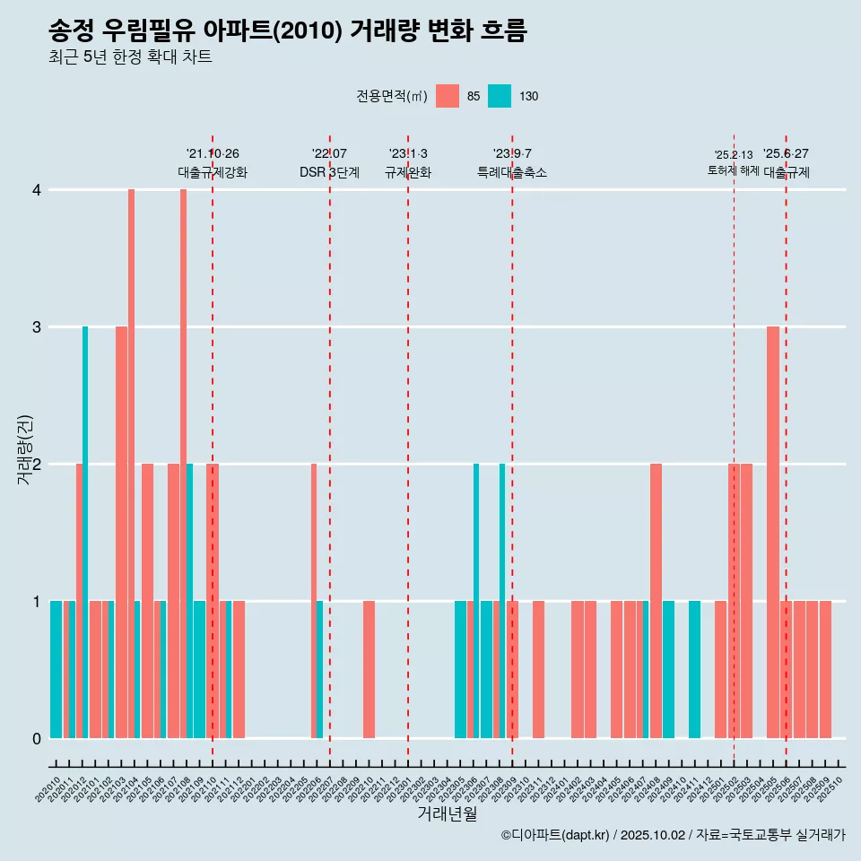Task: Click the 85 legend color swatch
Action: (x=447, y=96)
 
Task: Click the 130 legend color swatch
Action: (x=500, y=96)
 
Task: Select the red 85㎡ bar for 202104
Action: (x=131, y=463)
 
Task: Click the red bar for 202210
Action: (x=369, y=669)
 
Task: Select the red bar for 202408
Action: (x=656, y=601)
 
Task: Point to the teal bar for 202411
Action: (x=694, y=669)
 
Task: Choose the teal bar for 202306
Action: (x=476, y=601)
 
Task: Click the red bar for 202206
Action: (x=314, y=601)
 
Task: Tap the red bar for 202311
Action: (x=538, y=669)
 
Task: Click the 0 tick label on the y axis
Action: (x=37, y=738)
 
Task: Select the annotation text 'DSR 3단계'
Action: (x=329, y=172)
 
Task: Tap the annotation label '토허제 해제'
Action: (x=733, y=170)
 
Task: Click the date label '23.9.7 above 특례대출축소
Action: (x=511, y=153)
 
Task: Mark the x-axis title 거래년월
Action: (x=447, y=813)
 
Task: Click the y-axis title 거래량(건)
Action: (x=24, y=448)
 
